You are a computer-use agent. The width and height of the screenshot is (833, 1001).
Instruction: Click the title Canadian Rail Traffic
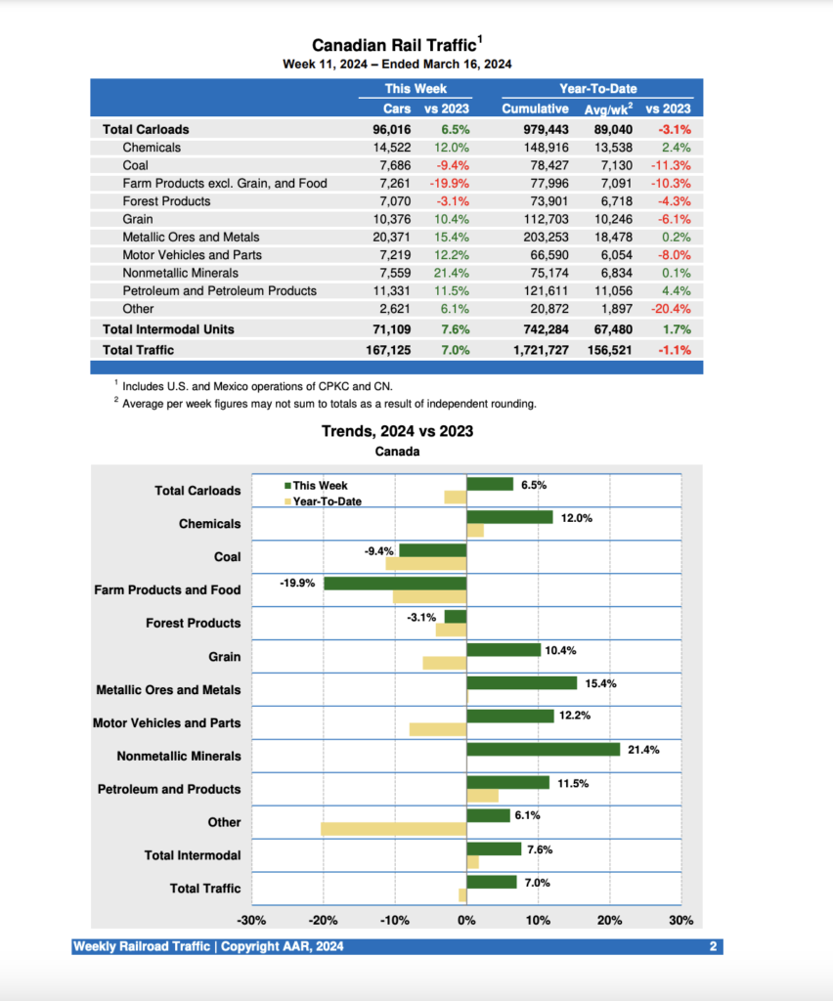393,45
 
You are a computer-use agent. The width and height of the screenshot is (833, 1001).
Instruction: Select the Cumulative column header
535,109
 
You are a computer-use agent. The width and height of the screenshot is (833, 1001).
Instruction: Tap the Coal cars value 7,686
391,165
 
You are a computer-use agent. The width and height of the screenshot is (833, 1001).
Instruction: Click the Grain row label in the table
138,219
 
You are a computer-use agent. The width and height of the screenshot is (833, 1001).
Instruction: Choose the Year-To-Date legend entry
322,500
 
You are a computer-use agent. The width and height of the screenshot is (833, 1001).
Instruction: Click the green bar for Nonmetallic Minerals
544,750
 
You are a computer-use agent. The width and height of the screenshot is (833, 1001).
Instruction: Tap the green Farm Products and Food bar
395,584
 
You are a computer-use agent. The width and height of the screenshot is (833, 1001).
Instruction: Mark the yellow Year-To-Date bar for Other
393,829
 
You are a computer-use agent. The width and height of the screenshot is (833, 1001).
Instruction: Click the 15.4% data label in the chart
600,684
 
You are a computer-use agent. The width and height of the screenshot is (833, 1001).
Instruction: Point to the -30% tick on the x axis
252,920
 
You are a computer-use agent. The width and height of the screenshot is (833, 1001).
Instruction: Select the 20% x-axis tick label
609,920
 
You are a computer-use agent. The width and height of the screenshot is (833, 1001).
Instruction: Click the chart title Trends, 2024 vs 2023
397,431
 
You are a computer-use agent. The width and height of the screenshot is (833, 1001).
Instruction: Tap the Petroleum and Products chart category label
169,789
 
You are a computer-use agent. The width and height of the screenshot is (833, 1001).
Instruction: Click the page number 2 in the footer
714,946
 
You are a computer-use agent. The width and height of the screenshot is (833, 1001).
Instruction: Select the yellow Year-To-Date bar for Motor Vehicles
438,729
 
